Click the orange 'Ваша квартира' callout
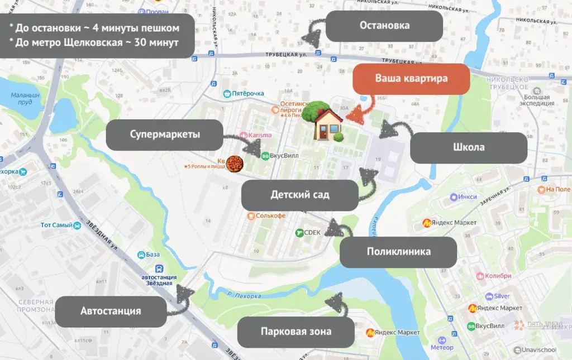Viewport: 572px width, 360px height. [411, 79]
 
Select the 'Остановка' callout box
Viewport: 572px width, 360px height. [384, 26]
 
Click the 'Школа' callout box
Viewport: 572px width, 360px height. [469, 148]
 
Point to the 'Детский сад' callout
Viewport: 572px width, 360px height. [299, 195]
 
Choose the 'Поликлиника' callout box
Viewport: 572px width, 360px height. [398, 252]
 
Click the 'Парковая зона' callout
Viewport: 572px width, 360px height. [295, 332]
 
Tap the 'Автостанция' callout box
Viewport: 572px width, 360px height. [111, 311]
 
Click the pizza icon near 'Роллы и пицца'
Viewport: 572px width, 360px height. [235, 164]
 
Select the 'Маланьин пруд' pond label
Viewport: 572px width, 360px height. [25, 98]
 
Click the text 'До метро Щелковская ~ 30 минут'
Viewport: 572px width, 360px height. [98, 43]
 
